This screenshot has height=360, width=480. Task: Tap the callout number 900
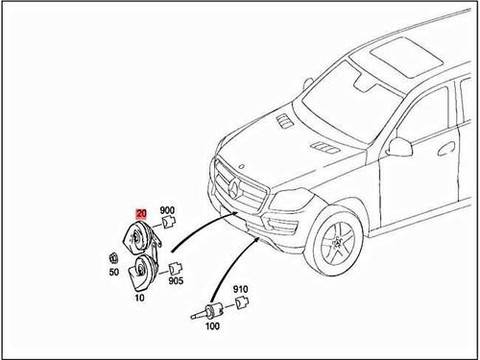pos(167,210)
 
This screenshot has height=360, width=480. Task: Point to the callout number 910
pos(240,289)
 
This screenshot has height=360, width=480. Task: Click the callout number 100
pos(211,327)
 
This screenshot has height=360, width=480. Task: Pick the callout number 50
pos(114,272)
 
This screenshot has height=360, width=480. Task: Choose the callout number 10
pos(139,298)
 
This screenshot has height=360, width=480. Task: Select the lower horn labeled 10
pos(144,272)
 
